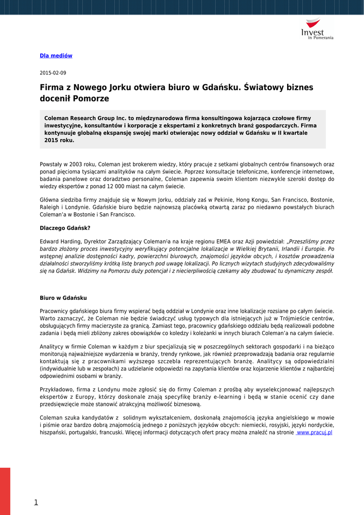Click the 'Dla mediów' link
[x=56, y=56]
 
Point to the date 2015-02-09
[x=53, y=73]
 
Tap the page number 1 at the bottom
[x=36, y=502]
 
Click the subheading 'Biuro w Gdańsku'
[x=63, y=298]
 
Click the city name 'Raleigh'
[x=50, y=207]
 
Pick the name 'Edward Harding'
[x=60, y=241]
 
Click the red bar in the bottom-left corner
[x=5, y=491]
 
